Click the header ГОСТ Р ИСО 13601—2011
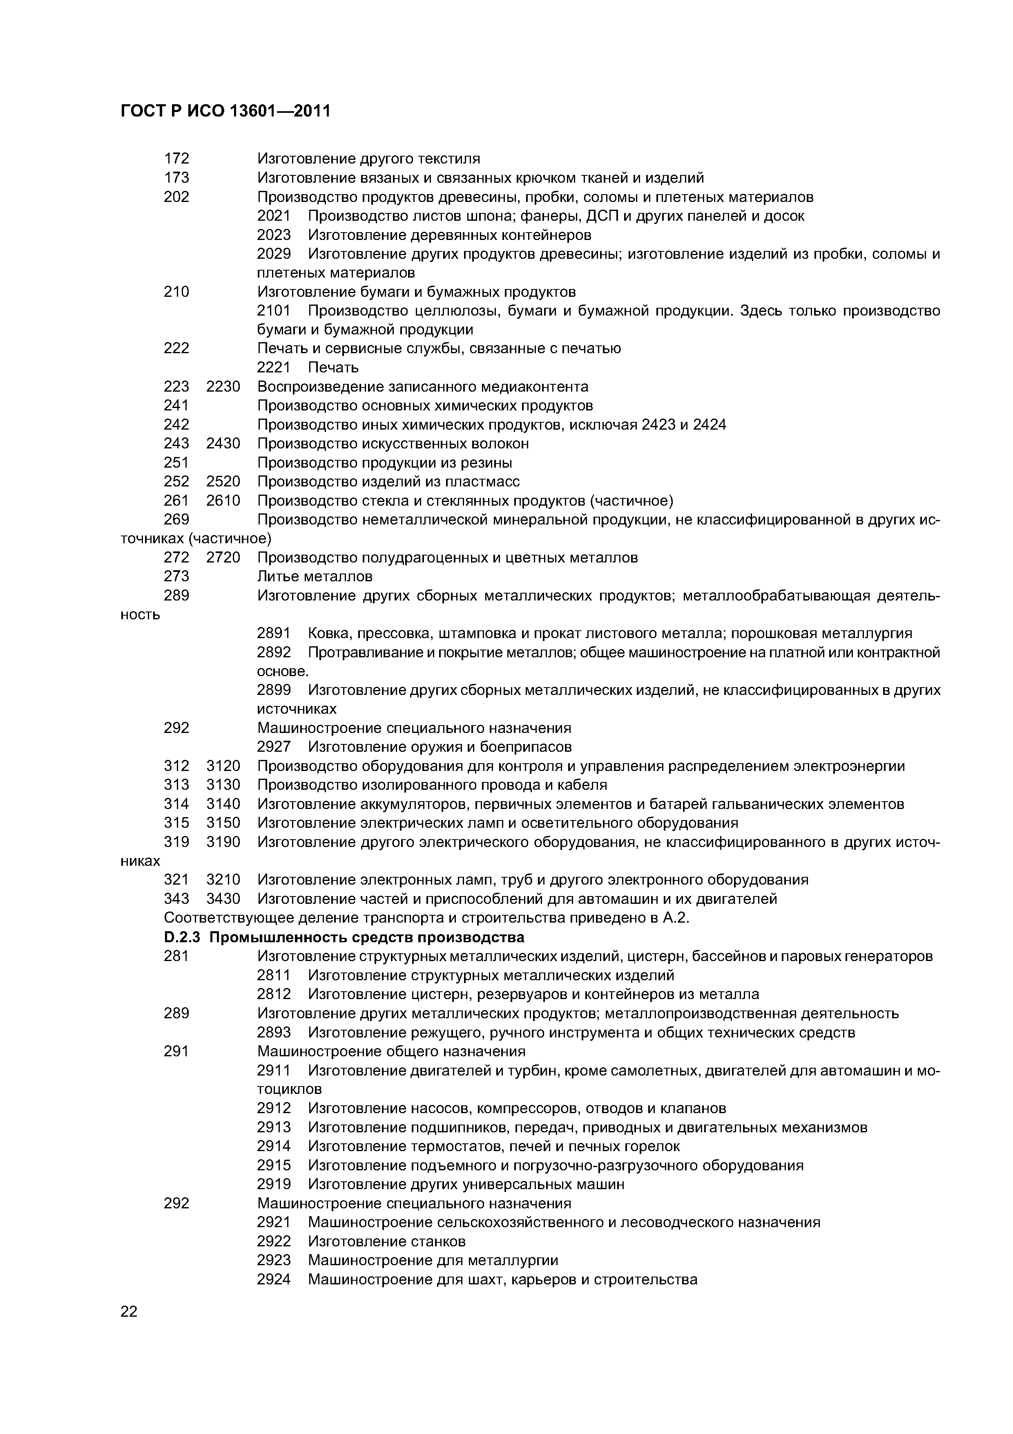(x=225, y=111)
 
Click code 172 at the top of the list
(x=176, y=159)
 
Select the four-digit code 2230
(x=223, y=387)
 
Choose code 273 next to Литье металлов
(x=176, y=576)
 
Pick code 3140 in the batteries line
(x=223, y=804)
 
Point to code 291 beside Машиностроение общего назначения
(x=176, y=1051)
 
